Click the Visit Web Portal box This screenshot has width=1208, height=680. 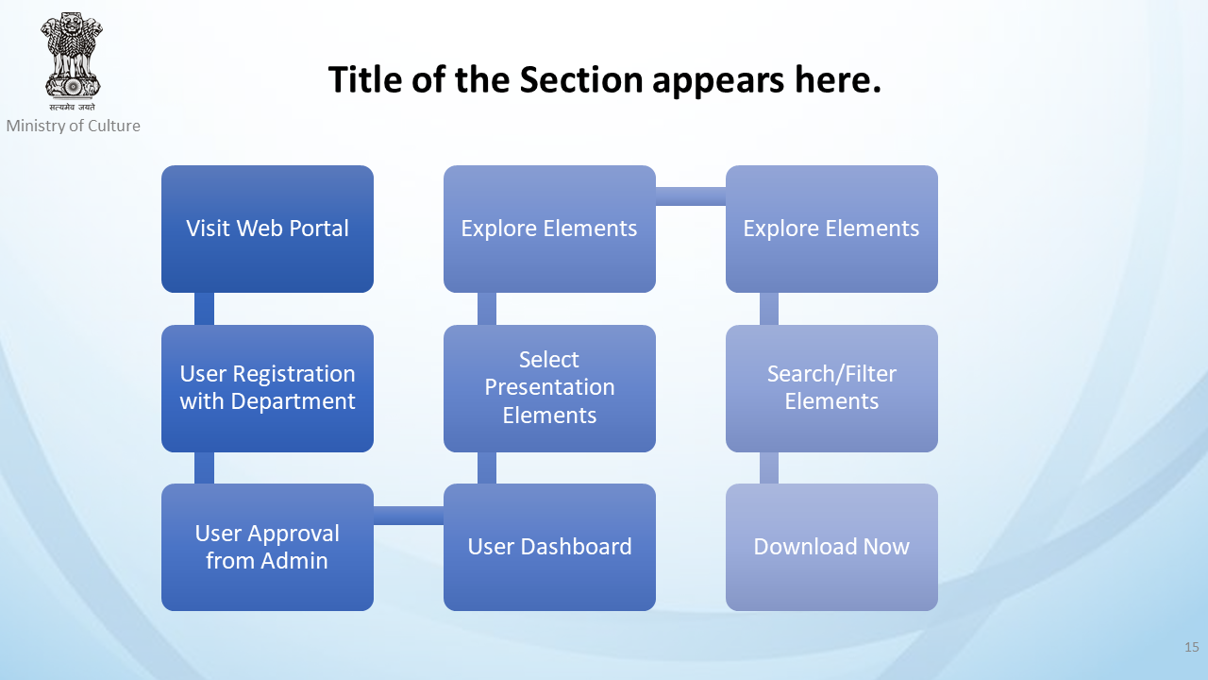tap(267, 229)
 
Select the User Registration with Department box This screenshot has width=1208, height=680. tap(267, 388)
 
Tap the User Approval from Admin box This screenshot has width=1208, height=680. tap(267, 547)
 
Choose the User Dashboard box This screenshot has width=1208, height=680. tap(549, 547)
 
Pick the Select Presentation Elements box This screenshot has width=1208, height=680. tap(549, 388)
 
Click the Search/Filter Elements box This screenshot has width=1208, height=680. tap(831, 388)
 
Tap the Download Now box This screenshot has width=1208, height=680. tap(831, 547)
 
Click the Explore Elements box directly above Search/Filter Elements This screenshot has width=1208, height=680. tap(831, 229)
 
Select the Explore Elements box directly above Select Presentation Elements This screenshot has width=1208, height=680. tap(549, 229)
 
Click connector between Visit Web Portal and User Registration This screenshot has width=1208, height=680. tap(204, 309)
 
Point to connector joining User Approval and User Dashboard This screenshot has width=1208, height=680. tap(409, 516)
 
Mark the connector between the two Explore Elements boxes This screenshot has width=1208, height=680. tap(691, 196)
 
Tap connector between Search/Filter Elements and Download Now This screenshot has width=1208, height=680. tap(769, 467)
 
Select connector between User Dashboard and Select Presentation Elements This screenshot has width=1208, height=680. tap(487, 467)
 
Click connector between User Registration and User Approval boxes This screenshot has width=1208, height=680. tap(204, 467)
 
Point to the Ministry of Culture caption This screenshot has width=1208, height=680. tap(74, 126)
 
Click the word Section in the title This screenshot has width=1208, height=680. tap(581, 80)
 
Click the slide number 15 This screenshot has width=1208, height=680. tap(1192, 647)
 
